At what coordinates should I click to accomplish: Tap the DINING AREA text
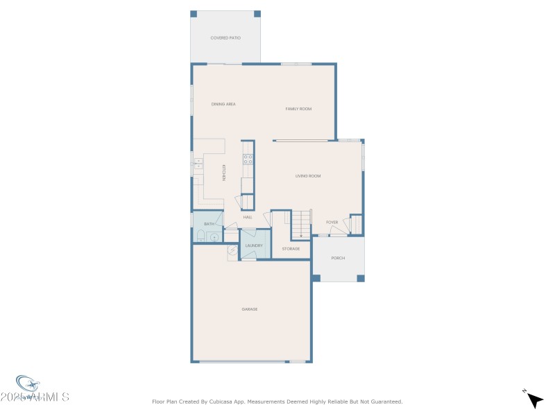click(x=223, y=104)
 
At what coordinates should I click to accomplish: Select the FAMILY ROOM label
click(x=298, y=109)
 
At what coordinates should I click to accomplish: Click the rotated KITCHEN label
click(x=224, y=172)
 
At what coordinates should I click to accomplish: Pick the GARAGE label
click(x=249, y=309)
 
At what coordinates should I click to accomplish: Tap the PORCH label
click(x=338, y=258)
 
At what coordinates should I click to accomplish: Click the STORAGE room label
click(x=291, y=248)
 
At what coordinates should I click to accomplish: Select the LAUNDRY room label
click(x=254, y=245)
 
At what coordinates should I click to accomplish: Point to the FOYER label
click(x=332, y=223)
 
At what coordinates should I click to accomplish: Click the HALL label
click(x=248, y=217)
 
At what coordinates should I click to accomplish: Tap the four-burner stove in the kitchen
click(x=248, y=159)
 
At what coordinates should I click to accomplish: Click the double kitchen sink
click(x=198, y=164)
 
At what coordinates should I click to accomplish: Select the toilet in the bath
click(x=200, y=237)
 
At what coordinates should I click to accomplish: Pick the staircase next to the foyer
click(x=300, y=224)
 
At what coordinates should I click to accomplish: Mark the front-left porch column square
click(x=316, y=278)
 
